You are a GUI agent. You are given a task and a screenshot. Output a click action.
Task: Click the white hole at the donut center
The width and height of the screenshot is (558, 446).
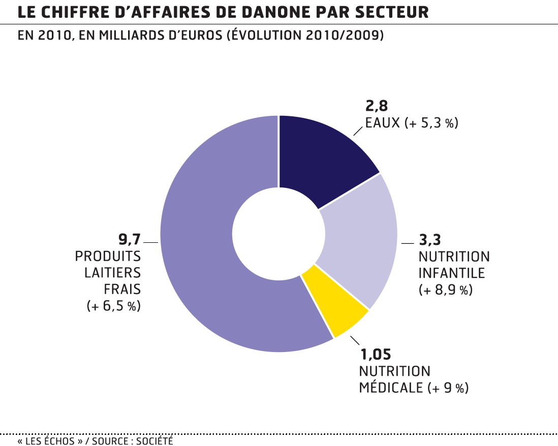pyautogui.click(x=278, y=234)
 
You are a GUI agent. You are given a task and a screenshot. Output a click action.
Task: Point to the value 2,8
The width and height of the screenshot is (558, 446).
pyautogui.click(x=377, y=106)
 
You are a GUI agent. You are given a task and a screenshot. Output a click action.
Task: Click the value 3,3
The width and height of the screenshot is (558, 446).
pyautogui.click(x=429, y=239)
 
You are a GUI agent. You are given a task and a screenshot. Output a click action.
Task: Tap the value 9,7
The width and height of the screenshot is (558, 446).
pyautogui.click(x=130, y=238)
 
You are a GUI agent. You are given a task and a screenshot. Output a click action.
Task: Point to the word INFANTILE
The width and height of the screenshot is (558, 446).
pyautogui.click(x=451, y=273)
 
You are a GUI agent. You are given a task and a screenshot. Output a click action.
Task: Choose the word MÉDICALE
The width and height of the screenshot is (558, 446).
pyautogui.click(x=391, y=388)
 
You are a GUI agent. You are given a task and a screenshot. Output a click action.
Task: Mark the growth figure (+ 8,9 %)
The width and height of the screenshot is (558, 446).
pyautogui.click(x=446, y=290)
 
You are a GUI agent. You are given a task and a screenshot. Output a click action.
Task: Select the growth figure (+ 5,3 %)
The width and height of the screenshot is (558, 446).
pyautogui.click(x=432, y=123)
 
